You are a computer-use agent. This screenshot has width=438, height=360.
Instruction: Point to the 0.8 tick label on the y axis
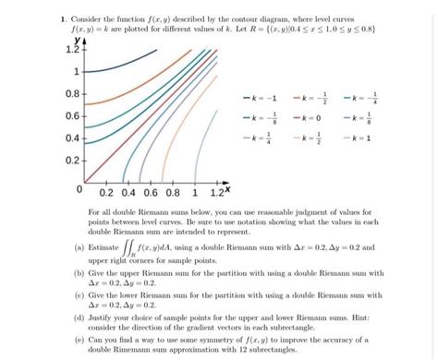point(70,93)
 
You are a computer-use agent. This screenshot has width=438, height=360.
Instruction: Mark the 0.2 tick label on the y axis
point(70,159)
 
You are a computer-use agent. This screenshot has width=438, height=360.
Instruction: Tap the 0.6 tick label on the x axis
point(150,195)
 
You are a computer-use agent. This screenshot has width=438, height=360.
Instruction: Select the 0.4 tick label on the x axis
point(128,195)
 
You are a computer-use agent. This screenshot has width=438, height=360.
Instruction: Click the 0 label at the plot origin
point(80,191)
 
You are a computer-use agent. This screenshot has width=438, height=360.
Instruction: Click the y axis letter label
point(79,40)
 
